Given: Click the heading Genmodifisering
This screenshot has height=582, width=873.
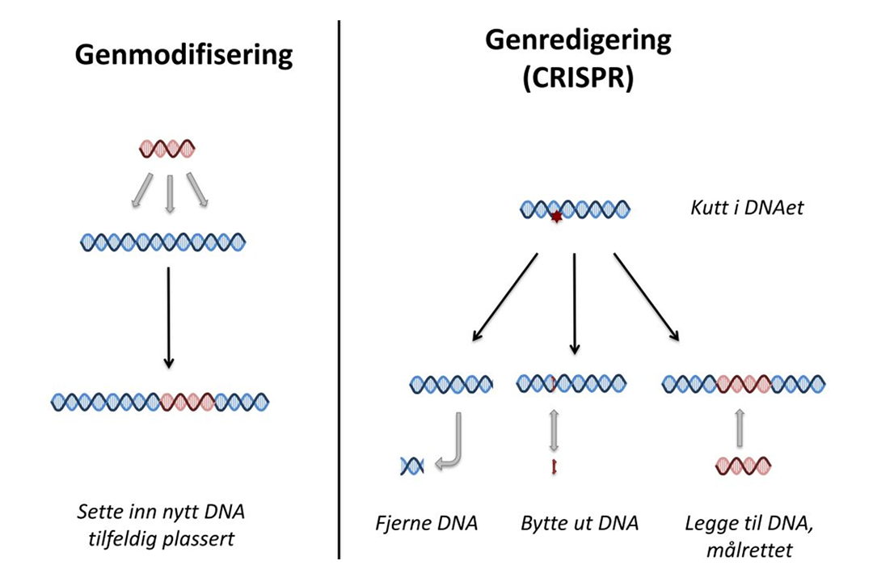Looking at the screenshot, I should pos(183,55).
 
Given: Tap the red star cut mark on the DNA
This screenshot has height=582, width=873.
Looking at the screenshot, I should pos(555,217).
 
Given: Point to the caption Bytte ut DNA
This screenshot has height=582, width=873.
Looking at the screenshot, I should pos(580,523).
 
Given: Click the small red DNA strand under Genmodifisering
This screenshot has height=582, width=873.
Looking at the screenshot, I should pos(167,149).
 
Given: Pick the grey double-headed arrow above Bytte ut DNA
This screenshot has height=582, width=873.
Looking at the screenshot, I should pos(554,431).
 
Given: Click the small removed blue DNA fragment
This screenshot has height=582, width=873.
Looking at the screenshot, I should pos(411,465).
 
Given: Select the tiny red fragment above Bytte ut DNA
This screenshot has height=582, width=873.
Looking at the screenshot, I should pos(554,466).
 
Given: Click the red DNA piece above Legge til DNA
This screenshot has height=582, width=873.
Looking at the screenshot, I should pos(743,466).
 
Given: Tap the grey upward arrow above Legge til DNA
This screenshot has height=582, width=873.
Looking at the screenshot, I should pos(741,428).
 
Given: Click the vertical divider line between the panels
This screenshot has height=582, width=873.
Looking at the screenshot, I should pos(338,291).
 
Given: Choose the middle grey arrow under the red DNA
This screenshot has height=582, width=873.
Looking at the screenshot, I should pos(168,194).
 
